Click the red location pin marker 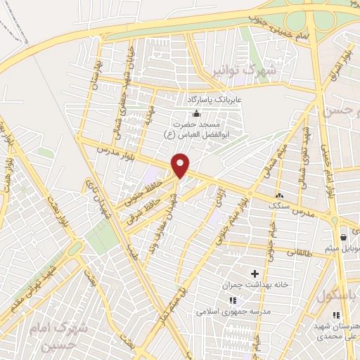pyautogui.click(x=181, y=165)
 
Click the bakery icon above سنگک pyautogui.click(x=280, y=195)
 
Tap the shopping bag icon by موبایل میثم pyautogui.click(x=342, y=237)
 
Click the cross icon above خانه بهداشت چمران pyautogui.click(x=255, y=272)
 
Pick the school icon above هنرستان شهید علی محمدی pyautogui.click(x=336, y=314)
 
